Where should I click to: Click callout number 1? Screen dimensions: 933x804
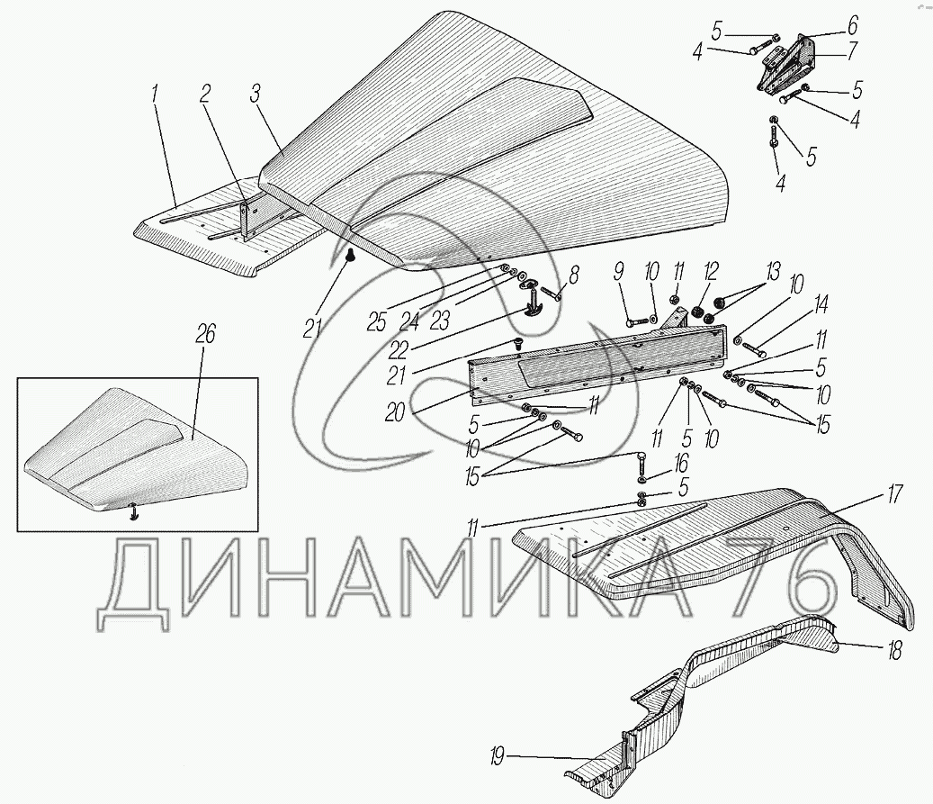(x=156, y=94)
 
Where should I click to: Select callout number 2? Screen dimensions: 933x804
(x=205, y=95)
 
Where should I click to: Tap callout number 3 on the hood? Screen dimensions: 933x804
(x=255, y=94)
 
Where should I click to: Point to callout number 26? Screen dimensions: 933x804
(x=206, y=334)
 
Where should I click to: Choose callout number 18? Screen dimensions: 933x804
(x=894, y=649)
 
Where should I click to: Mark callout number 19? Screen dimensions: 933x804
(x=497, y=757)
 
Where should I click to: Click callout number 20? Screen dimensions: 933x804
(x=394, y=412)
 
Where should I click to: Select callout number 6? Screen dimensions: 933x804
(x=852, y=25)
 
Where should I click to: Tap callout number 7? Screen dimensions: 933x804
(x=852, y=51)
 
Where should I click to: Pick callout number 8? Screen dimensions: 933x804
(x=573, y=275)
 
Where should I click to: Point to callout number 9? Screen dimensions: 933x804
(x=619, y=272)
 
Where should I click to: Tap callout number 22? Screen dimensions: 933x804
(x=398, y=350)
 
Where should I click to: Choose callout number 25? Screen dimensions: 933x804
(x=377, y=321)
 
